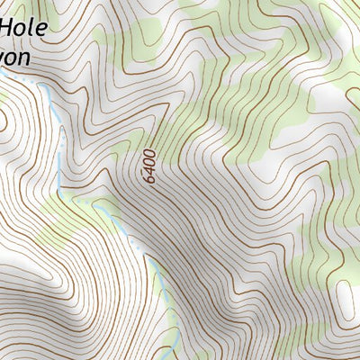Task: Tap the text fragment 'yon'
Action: click(x=15, y=58)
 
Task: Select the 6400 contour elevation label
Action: click(x=149, y=166)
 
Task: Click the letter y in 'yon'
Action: click(x=4, y=59)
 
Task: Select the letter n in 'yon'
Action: click(x=25, y=57)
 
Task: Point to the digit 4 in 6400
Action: click(x=149, y=171)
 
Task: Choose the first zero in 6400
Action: click(x=149, y=163)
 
